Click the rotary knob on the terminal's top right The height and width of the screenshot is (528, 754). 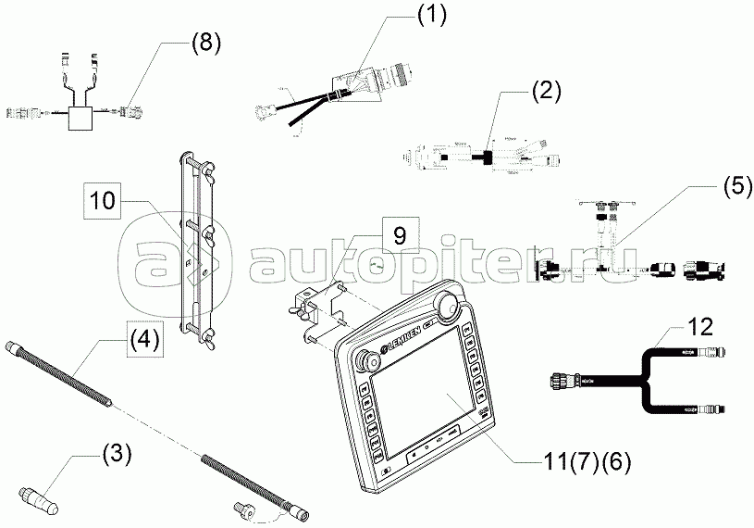448,302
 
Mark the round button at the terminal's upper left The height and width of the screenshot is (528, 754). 359,363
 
